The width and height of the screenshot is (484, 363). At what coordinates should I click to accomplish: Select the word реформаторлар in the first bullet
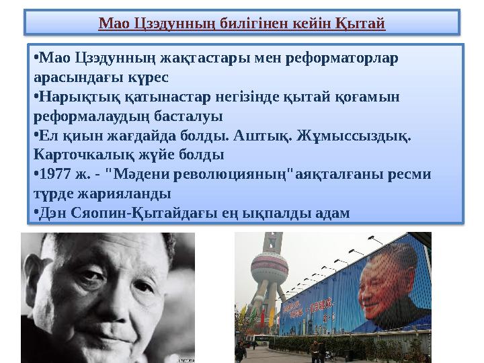click(341, 57)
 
